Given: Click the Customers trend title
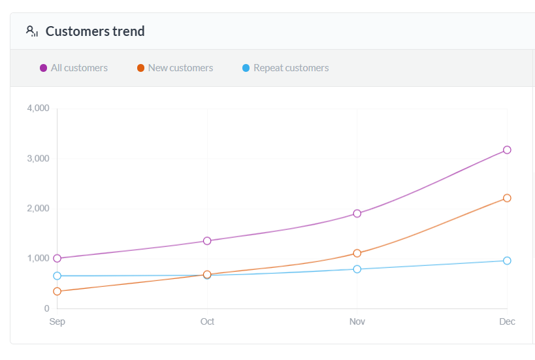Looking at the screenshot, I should click(x=95, y=31).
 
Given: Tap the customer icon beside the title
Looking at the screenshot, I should click(x=32, y=31).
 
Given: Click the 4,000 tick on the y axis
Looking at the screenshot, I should click(x=38, y=108).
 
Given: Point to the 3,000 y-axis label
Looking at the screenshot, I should click(x=38, y=159).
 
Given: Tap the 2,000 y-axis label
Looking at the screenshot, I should click(x=38, y=208).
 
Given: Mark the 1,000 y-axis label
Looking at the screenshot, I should click(x=38, y=259).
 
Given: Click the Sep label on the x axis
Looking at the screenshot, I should click(x=57, y=321).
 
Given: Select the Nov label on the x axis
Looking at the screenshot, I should click(x=357, y=321).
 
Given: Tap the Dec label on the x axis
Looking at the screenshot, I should click(x=507, y=321).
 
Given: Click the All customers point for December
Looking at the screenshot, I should click(x=507, y=150).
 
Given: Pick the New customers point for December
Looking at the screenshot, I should click(x=507, y=198).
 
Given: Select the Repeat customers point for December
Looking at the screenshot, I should click(x=507, y=261).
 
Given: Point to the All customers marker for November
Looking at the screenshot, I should click(x=357, y=213).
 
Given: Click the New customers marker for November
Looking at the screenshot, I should click(x=357, y=253).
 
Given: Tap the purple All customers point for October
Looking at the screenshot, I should click(x=207, y=240).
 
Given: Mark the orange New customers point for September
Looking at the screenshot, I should click(x=57, y=291).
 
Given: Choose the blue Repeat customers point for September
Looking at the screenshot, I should click(x=57, y=276).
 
